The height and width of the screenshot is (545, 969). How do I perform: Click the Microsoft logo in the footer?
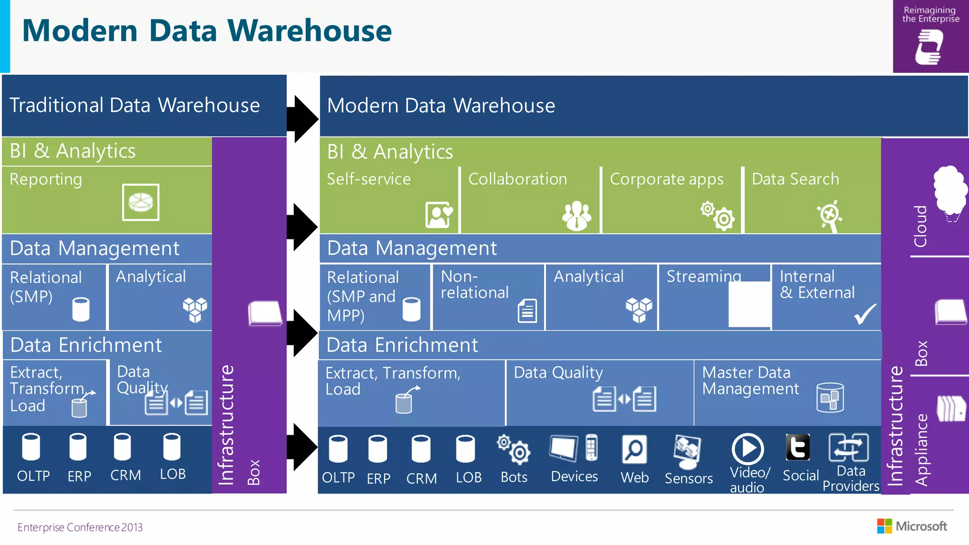click(912, 526)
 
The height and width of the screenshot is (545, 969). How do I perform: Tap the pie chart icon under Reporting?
click(141, 202)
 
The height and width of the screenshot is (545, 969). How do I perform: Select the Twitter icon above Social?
click(797, 448)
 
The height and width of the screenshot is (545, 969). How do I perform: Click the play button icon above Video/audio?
click(747, 448)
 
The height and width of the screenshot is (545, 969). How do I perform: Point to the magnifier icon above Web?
click(634, 449)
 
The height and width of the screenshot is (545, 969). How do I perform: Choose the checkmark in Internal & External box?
click(864, 314)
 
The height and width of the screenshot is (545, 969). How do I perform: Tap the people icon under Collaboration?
click(576, 216)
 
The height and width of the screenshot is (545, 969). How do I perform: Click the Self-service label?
click(369, 179)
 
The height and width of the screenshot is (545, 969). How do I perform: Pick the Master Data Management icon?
click(830, 397)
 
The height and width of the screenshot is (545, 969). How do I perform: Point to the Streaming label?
click(704, 276)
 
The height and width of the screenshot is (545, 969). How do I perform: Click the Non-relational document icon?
click(527, 311)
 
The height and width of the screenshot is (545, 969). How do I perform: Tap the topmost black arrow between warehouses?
click(302, 119)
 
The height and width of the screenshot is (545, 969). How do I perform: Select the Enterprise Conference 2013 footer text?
click(80, 527)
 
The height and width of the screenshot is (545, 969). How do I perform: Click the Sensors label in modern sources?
click(688, 478)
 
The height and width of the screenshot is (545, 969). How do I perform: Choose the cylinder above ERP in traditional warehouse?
click(78, 447)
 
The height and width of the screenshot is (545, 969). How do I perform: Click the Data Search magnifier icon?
click(829, 216)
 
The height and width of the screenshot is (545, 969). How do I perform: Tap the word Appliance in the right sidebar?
click(920, 450)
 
